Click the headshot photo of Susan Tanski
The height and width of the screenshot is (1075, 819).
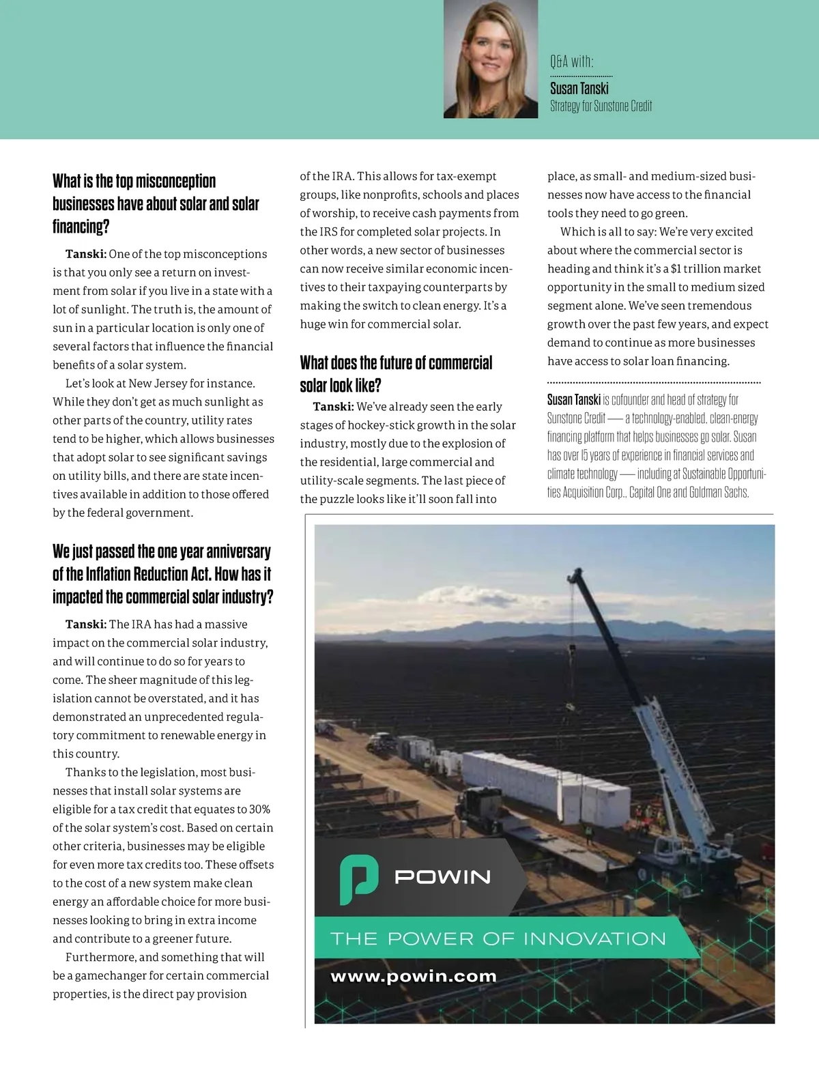[x=490, y=59]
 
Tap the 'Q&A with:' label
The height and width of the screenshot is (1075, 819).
[x=572, y=62]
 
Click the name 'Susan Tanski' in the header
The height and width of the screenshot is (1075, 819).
[x=579, y=88]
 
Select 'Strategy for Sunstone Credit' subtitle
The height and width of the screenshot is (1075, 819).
[x=601, y=106]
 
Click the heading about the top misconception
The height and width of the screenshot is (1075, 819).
[x=156, y=203]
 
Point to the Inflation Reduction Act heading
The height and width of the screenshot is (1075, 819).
[x=162, y=574]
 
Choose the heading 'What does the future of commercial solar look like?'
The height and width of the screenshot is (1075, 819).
[x=396, y=373]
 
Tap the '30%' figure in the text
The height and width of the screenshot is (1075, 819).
[x=259, y=809]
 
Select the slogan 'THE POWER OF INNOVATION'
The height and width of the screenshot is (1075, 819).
[x=498, y=938]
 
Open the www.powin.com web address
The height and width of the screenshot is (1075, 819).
[x=414, y=977]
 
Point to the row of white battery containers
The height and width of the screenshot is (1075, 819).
[x=546, y=785]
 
